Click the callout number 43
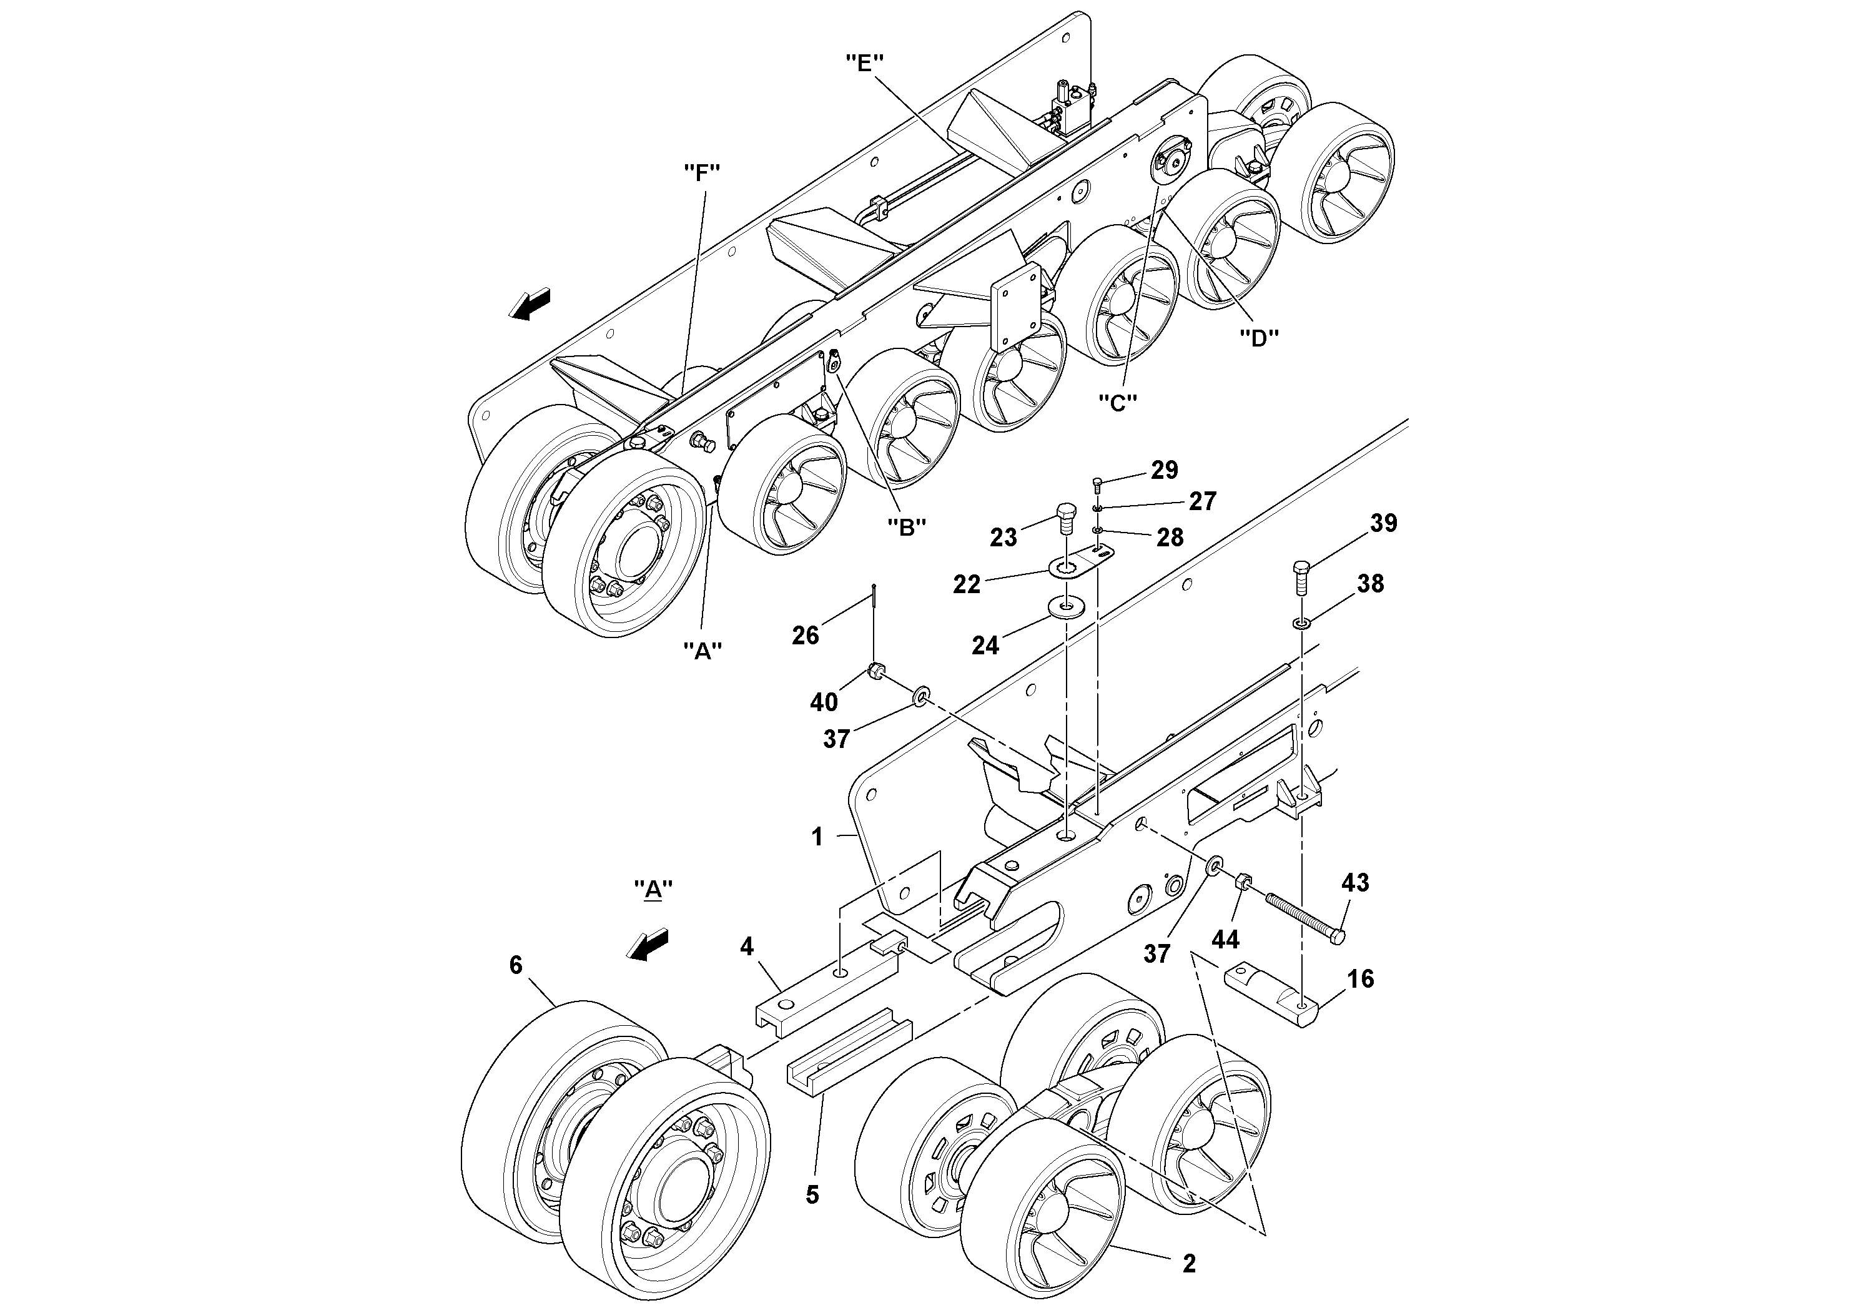[1354, 882]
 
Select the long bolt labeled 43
[1304, 915]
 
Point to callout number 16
[1360, 979]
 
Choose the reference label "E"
[864, 62]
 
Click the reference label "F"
[702, 172]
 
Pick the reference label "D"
[1259, 338]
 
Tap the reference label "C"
[1117, 402]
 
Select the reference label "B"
[906, 527]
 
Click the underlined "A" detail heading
[653, 890]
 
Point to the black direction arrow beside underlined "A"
[649, 945]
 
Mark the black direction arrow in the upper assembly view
[530, 305]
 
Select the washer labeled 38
[1302, 623]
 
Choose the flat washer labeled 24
[1065, 607]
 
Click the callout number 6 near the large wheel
[516, 964]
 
